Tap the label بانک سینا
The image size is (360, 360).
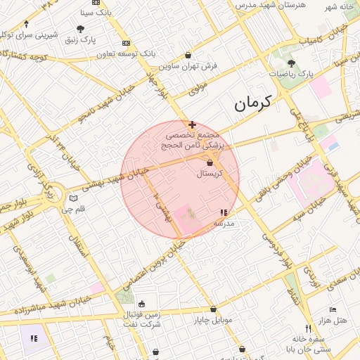94,12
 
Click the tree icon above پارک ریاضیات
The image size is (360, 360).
291,63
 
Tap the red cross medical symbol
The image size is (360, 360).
193,124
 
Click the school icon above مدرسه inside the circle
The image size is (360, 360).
224,212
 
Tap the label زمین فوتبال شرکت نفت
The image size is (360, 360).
141,319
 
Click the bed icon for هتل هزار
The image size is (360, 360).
333,310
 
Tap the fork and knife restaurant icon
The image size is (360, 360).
308,329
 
